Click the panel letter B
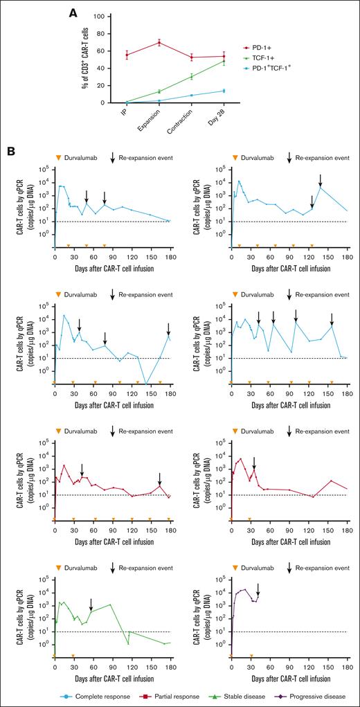coord(10,150)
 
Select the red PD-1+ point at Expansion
coord(159,43)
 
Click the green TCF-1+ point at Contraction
coord(191,76)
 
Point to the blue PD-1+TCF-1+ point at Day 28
coord(223,91)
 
